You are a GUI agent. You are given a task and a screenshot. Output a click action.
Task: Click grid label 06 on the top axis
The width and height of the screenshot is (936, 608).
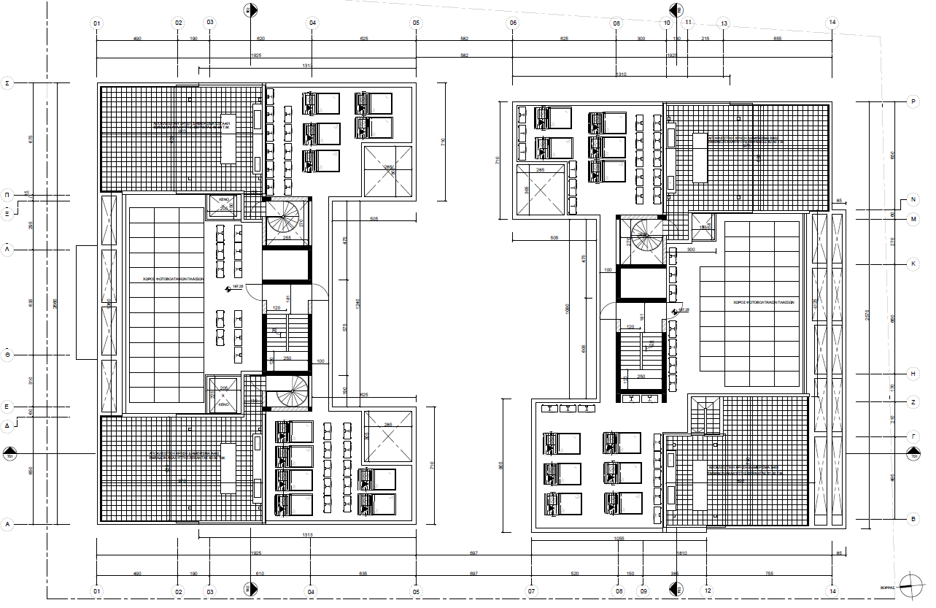click(x=513, y=23)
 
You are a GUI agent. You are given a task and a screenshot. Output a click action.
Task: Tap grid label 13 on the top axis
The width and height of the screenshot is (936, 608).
click(x=724, y=23)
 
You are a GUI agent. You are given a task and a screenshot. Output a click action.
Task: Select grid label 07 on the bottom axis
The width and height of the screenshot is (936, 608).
click(x=531, y=590)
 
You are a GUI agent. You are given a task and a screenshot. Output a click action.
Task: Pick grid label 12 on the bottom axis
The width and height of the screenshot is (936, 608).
click(x=707, y=590)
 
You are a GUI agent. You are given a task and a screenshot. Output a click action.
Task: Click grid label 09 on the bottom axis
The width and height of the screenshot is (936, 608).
click(x=643, y=590)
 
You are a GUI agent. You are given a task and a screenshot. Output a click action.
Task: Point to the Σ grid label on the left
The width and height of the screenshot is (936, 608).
click(x=7, y=84)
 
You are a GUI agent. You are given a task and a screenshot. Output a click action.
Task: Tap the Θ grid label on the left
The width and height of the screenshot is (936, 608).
click(x=7, y=354)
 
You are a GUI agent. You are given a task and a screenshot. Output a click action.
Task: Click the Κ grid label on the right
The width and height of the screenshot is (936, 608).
click(x=913, y=263)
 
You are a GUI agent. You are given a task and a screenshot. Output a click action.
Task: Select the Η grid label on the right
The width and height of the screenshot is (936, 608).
click(x=913, y=373)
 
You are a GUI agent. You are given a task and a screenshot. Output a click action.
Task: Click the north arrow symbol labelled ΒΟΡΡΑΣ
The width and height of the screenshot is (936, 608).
click(x=910, y=582)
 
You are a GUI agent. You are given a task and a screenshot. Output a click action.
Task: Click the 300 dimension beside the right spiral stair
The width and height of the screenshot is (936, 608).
click(x=692, y=250)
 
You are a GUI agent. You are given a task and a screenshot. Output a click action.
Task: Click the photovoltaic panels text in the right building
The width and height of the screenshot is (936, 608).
click(x=764, y=301)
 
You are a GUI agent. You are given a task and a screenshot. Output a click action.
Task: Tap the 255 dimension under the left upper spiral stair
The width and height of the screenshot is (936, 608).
click(x=287, y=237)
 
